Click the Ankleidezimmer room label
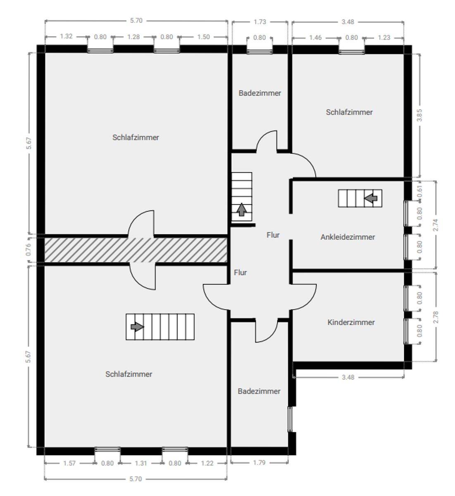tap(348, 237)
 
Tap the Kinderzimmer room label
tap(351, 322)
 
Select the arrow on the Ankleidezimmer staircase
tap(371, 198)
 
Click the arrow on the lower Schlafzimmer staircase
tap(137, 327)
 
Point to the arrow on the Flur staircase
tap(241, 210)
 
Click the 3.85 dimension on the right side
tap(419, 115)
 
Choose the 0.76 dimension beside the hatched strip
tap(29, 250)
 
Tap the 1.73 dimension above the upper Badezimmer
tap(260, 22)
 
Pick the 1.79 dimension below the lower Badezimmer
tap(259, 463)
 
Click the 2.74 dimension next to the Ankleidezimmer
tap(436, 225)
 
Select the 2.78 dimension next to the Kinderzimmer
tap(436, 317)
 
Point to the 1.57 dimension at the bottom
tap(69, 463)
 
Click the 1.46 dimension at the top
tap(315, 38)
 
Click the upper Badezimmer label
tap(260, 93)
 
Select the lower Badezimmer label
tap(259, 391)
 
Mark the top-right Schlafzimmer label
tap(349, 112)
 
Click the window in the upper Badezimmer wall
tap(260, 51)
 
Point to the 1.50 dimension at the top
tap(203, 37)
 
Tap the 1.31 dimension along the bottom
tap(141, 463)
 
